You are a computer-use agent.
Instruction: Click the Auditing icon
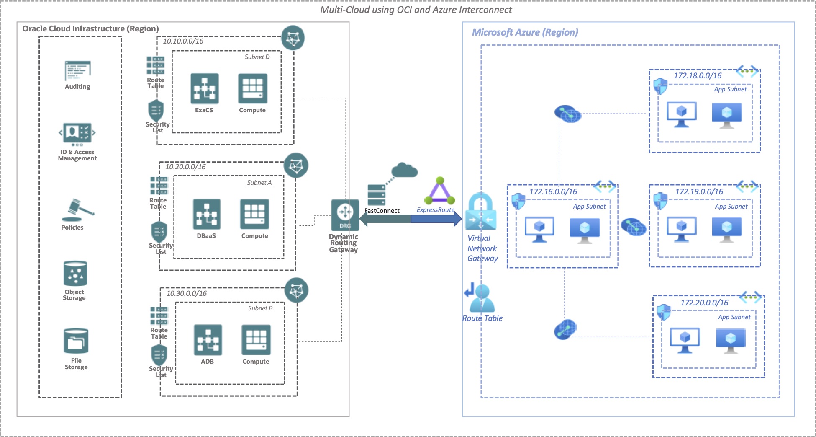click(x=77, y=71)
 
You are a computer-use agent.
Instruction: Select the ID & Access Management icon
click(x=77, y=133)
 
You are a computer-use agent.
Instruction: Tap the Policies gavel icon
click(x=78, y=210)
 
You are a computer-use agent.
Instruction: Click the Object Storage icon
click(x=75, y=273)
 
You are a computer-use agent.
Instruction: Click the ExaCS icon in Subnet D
click(x=204, y=88)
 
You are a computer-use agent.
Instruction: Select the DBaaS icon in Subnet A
click(x=206, y=214)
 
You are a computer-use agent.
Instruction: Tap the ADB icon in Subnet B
click(x=208, y=340)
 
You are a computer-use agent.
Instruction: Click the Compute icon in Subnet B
click(x=256, y=340)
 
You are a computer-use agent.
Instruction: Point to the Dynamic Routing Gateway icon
click(x=345, y=215)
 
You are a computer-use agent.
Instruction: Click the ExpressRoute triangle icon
click(x=440, y=191)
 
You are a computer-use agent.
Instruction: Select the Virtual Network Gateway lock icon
click(x=481, y=211)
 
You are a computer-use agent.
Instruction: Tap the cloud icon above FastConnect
click(x=404, y=170)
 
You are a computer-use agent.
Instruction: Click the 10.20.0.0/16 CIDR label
click(x=185, y=167)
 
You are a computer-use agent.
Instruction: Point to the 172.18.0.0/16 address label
click(x=697, y=76)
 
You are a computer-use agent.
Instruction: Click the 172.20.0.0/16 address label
click(x=704, y=303)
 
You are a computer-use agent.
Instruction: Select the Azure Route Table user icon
click(x=481, y=298)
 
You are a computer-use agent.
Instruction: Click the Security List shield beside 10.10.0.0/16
click(x=156, y=111)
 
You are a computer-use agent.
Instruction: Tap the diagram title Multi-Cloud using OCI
click(x=416, y=10)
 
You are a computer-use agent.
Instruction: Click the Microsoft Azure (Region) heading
click(x=525, y=32)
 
